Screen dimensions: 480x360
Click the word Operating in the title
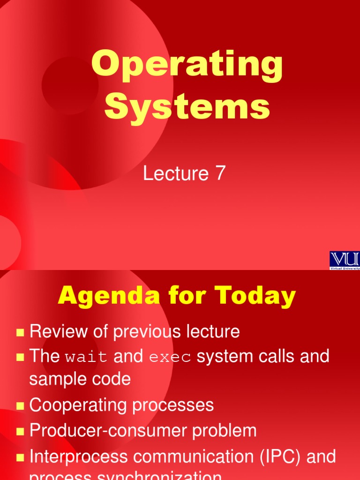[x=187, y=66]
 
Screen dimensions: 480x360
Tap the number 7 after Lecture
[x=220, y=174]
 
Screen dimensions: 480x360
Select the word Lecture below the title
[x=176, y=174]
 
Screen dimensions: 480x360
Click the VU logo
[x=345, y=260]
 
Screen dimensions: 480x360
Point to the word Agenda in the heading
[x=104, y=296]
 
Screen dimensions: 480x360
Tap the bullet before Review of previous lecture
[x=20, y=333]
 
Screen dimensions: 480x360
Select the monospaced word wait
[x=87, y=358]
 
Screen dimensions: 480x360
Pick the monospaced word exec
[x=170, y=358]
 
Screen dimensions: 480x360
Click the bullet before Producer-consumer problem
[x=20, y=432]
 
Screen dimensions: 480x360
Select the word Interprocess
[x=78, y=457]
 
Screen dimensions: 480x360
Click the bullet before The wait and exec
[x=20, y=358]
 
